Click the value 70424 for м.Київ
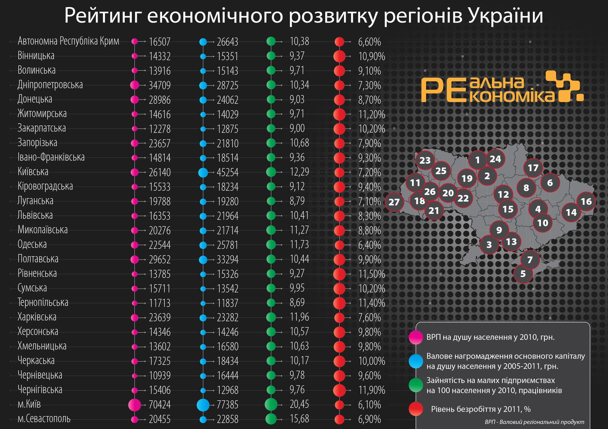coord(160,405)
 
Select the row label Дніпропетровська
coord(50,85)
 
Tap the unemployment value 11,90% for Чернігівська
coord(372,390)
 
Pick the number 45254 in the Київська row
coord(227,172)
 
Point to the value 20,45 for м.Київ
coord(299,404)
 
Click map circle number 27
coord(394,202)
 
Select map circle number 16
coord(586,201)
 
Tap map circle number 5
coord(523,274)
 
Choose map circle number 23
coord(425,160)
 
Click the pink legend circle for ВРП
coord(416,337)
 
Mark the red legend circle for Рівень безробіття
coord(416,409)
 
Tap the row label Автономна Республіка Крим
coord(68,41)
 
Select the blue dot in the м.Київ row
coord(203,405)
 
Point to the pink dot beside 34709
coord(134,85)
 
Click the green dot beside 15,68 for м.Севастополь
coord(271,419)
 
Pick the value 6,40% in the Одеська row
coord(369,245)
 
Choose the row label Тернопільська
coord(43,303)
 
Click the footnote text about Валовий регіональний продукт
coord(534,422)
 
